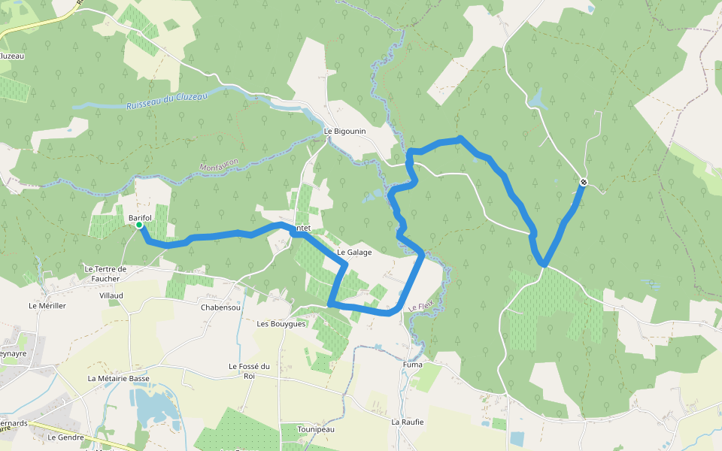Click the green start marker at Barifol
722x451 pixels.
click(139, 225)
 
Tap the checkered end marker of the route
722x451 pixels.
click(584, 182)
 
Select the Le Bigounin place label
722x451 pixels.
click(344, 131)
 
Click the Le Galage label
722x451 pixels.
click(354, 253)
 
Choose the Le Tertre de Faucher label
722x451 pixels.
click(105, 274)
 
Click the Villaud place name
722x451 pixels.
click(111, 295)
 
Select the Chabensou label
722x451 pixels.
click(220, 307)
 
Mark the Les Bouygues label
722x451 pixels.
click(281, 324)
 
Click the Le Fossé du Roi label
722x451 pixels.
click(249, 371)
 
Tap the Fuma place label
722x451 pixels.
click(412, 365)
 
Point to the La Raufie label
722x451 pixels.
click(407, 422)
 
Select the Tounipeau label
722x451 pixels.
click(315, 428)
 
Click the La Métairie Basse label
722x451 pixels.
click(118, 378)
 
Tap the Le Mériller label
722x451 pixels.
click(47, 306)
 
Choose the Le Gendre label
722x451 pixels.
click(65, 437)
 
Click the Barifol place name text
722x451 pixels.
click(140, 217)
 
